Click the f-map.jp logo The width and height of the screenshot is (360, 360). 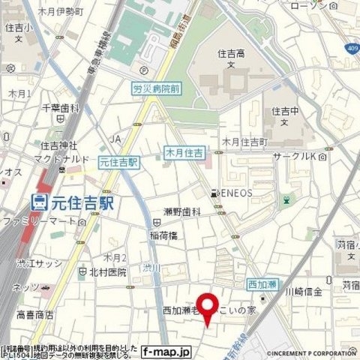166,350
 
